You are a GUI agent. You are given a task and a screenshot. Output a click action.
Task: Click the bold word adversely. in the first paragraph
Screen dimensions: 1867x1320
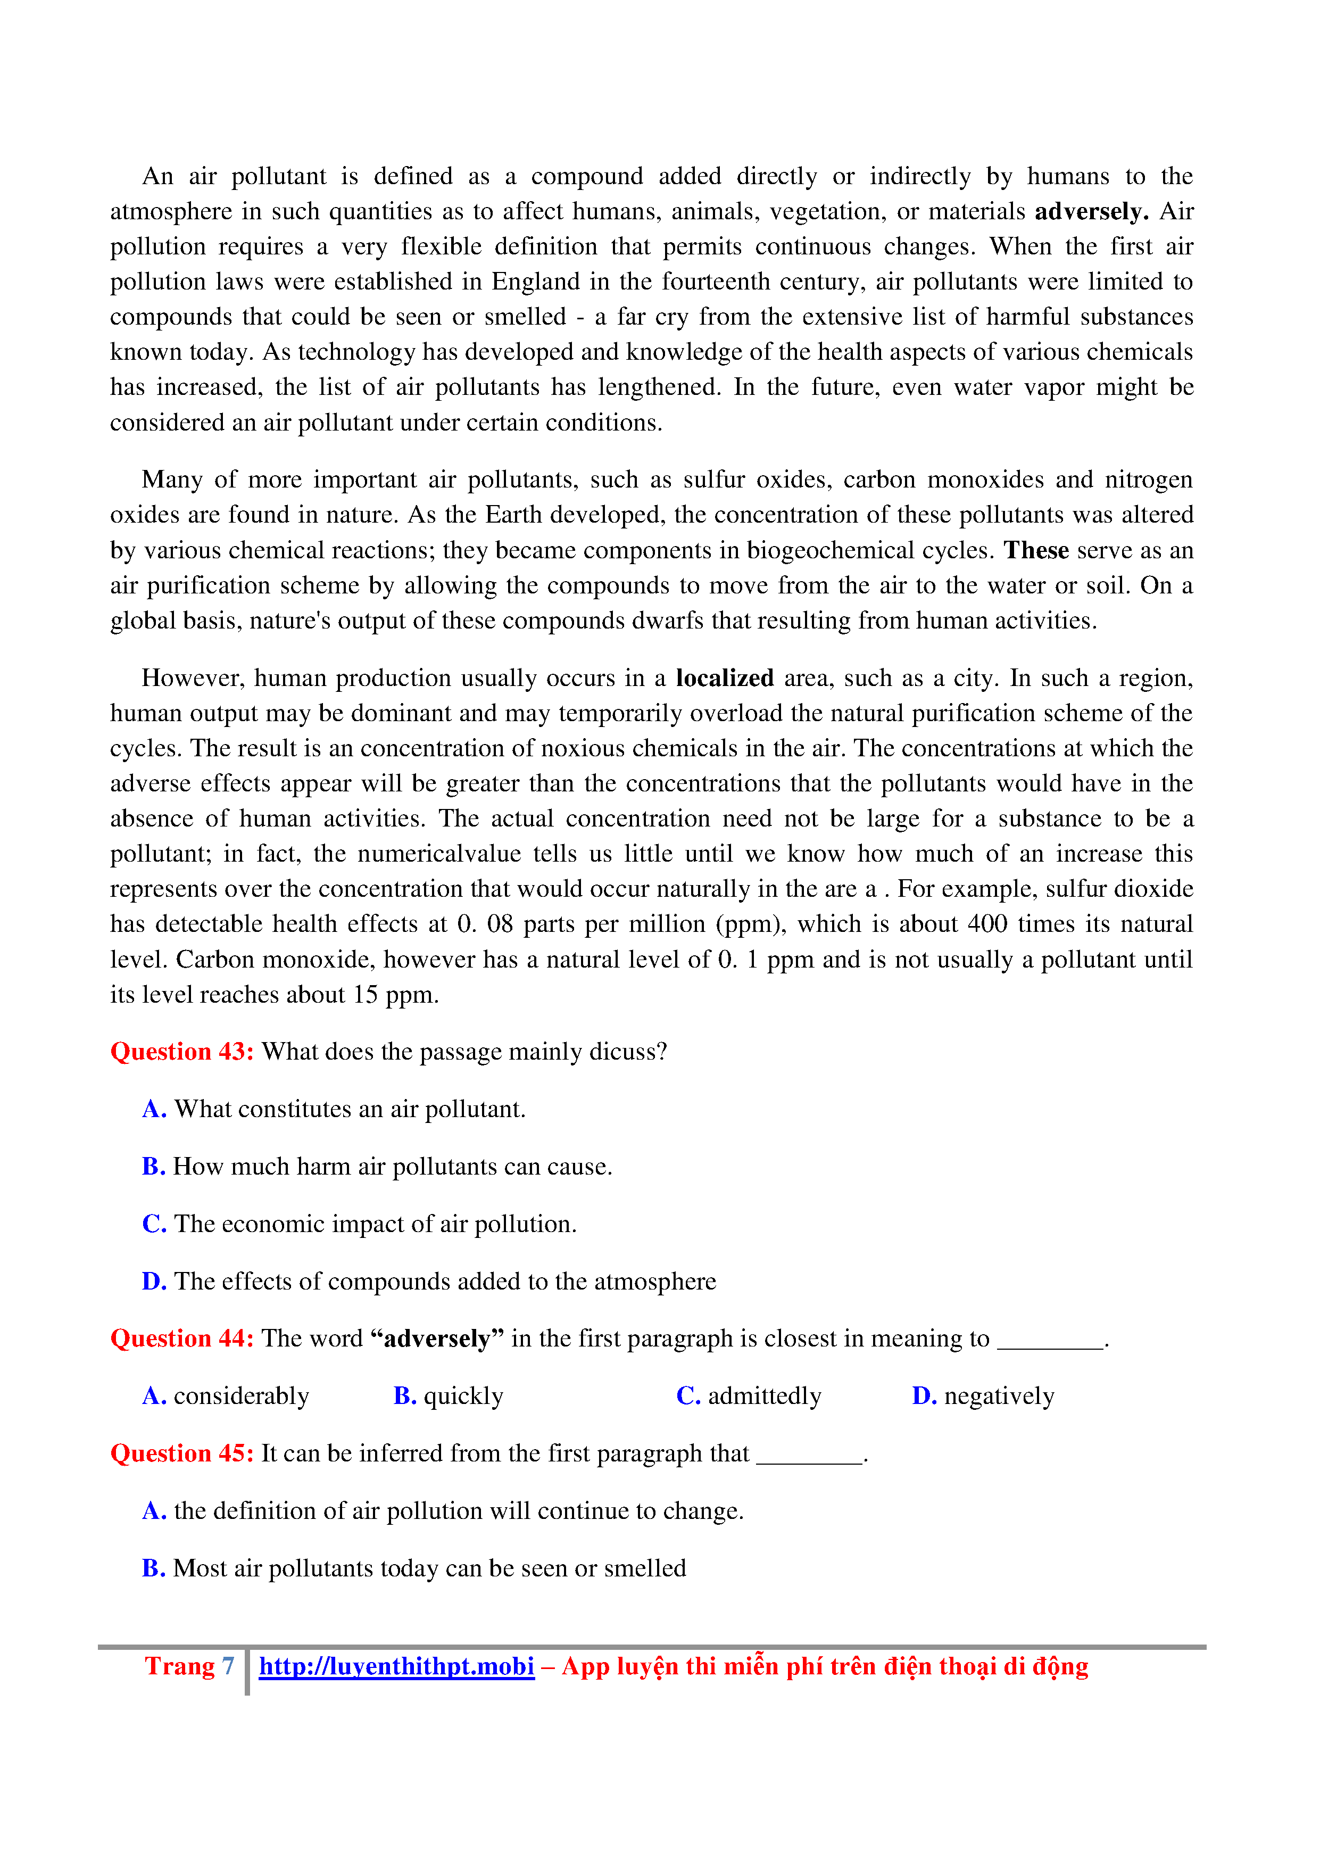click(x=1091, y=211)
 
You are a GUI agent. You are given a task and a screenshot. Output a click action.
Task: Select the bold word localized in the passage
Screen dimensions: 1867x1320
click(x=724, y=678)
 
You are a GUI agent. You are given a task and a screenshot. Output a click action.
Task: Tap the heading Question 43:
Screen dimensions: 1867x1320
click(x=182, y=1052)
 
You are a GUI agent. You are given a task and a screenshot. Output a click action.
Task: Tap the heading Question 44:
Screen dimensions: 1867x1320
click(x=182, y=1339)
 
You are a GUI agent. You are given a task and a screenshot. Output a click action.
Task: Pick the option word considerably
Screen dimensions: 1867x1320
click(x=242, y=1396)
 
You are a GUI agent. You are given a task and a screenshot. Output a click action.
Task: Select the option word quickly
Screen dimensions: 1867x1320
click(x=463, y=1396)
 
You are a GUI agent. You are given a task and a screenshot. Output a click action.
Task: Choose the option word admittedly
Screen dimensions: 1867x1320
click(x=764, y=1396)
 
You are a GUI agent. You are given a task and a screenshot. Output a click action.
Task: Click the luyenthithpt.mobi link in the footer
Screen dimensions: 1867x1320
click(x=397, y=1666)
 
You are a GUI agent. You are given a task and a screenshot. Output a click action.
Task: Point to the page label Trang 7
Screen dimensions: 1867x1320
click(x=189, y=1666)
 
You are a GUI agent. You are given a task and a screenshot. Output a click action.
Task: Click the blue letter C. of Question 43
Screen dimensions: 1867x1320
click(x=154, y=1224)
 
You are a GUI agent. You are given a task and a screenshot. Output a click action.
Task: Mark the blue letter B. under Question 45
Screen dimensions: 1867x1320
click(x=154, y=1568)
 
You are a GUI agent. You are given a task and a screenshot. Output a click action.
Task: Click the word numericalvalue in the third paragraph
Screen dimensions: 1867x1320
click(x=439, y=854)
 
